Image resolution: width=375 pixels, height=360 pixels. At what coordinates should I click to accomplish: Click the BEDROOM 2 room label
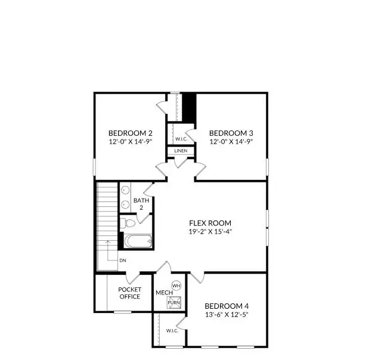131,133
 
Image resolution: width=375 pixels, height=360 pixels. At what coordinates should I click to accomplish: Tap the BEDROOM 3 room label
231,133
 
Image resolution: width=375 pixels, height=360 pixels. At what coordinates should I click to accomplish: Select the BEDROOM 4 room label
226,306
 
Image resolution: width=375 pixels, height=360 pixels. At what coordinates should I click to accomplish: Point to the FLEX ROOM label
210,223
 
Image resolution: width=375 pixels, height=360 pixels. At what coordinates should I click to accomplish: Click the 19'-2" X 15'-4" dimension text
210,231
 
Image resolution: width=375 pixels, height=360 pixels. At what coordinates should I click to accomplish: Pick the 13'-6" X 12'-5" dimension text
226,315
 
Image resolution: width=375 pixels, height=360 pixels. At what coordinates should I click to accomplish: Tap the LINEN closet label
181,151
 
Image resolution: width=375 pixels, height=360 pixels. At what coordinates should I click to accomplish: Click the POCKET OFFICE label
129,293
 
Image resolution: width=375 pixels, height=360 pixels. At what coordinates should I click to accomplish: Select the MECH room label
164,293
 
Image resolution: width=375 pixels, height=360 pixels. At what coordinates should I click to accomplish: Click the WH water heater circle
176,286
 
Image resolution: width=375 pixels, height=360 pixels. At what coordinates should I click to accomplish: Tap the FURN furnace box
173,302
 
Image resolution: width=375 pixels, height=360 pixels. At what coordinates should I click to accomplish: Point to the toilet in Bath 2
126,224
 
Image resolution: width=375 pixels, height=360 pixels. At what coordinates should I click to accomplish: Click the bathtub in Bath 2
138,242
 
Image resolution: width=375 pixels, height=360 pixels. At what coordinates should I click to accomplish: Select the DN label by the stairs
122,260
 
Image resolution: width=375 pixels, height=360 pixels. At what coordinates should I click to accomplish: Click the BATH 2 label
141,204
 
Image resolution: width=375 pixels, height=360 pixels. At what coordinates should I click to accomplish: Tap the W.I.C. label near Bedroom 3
181,139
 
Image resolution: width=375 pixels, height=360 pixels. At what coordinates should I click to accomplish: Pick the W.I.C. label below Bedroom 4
172,331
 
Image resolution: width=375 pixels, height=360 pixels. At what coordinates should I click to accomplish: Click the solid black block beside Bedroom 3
188,107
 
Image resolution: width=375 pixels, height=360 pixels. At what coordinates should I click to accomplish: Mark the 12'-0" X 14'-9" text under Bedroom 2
131,142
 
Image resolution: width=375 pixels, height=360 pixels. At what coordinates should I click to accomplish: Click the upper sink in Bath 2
126,191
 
